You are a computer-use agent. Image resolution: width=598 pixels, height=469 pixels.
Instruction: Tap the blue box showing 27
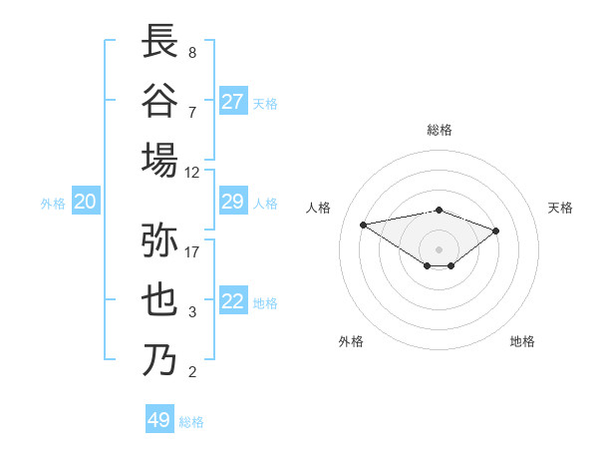click(x=233, y=102)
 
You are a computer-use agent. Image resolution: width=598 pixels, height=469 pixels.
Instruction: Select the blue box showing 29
click(x=233, y=203)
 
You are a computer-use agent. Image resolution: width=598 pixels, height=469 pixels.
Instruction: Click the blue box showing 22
click(x=233, y=302)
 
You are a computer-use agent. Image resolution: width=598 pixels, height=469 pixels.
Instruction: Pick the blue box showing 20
click(x=85, y=203)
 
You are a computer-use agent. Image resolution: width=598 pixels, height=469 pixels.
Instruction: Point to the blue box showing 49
click(x=159, y=420)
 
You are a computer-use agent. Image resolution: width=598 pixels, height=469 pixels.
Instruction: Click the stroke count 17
click(x=192, y=251)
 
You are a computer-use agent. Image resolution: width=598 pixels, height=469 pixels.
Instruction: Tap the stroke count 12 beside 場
click(x=192, y=172)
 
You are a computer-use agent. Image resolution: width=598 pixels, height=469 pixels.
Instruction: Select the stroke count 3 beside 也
click(x=192, y=312)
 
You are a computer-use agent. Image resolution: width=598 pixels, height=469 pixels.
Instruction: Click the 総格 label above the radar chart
click(x=439, y=130)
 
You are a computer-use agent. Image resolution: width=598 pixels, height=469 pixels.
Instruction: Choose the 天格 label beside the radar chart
click(x=560, y=208)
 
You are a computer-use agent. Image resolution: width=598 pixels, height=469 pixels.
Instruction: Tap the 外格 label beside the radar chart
click(x=351, y=341)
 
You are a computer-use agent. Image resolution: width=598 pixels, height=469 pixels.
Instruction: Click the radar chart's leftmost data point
click(x=364, y=224)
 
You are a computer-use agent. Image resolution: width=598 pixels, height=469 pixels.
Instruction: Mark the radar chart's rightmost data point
click(x=495, y=231)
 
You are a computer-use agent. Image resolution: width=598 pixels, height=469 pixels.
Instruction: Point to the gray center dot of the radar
click(x=439, y=248)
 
